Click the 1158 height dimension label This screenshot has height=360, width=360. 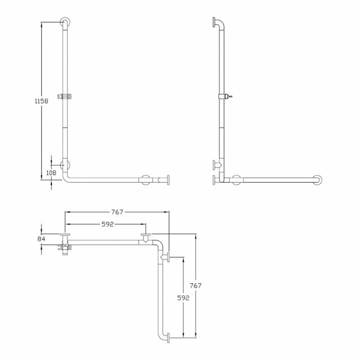pyautogui.click(x=41, y=101)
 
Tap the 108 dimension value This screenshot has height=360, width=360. pyautogui.click(x=51, y=173)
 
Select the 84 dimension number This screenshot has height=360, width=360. pyautogui.click(x=41, y=238)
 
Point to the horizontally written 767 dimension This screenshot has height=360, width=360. pyautogui.click(x=116, y=212)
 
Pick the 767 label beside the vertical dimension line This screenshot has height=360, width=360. pyautogui.click(x=196, y=285)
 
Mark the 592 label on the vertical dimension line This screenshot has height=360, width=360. pyautogui.click(x=183, y=297)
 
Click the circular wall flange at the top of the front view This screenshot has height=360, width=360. pyautogui.click(x=65, y=23)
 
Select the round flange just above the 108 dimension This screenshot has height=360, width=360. pyautogui.click(x=65, y=165)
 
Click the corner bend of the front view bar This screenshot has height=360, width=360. pyautogui.click(x=67, y=179)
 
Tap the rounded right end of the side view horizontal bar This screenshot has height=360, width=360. pyautogui.click(x=317, y=179)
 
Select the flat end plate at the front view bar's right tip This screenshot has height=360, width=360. pyautogui.click(x=168, y=180)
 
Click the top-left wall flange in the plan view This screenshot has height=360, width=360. pyautogui.click(x=64, y=236)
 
